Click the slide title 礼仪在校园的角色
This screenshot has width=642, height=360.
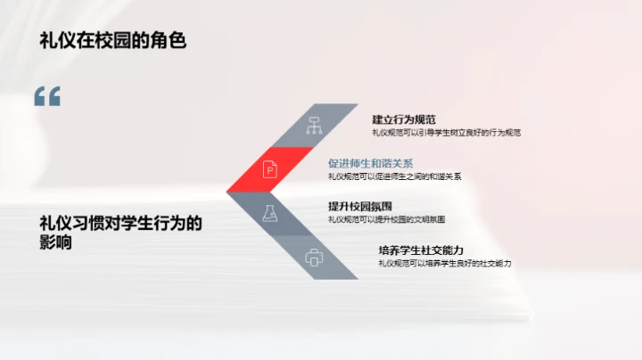(x=112, y=40)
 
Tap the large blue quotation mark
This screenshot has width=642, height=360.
(x=47, y=97)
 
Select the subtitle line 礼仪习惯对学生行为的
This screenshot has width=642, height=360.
(x=121, y=225)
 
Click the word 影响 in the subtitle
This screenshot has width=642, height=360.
(x=55, y=242)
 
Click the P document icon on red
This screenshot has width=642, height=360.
(x=268, y=168)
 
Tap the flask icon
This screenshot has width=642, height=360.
(x=268, y=213)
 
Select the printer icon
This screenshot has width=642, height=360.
(x=313, y=258)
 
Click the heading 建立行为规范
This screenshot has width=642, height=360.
(x=404, y=119)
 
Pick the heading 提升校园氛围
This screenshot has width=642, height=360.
(x=360, y=207)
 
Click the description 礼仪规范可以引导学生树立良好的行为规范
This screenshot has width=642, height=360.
(x=446, y=133)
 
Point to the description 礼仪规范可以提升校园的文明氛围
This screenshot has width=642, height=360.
(x=386, y=219)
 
